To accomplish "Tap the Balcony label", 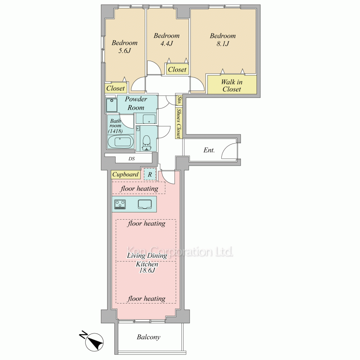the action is tap(149, 337).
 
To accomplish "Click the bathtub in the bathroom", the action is tap(121, 141).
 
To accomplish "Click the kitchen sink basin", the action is tap(145, 204).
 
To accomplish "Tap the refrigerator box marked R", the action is tap(150, 175).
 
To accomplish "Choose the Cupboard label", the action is tap(125, 174).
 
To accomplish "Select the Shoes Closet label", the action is tap(179, 123).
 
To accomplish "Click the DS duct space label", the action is tap(131, 159).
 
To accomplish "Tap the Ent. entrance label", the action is tap(209, 150).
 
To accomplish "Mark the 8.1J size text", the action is tap(223, 44).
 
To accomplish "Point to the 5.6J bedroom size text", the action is tap(125, 50).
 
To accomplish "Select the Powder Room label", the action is tap(136, 103).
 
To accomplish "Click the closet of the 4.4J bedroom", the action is tap(177, 69).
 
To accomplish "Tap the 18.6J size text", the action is tap(147, 270).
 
